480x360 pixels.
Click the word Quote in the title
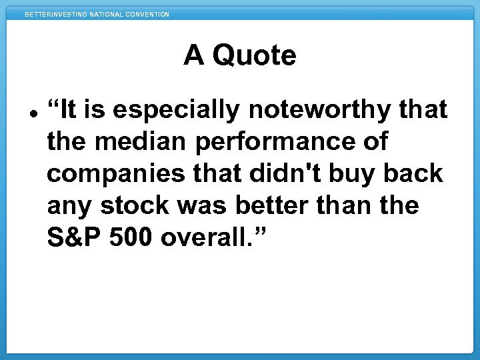[x=254, y=56]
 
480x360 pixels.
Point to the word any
[x=69, y=206]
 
